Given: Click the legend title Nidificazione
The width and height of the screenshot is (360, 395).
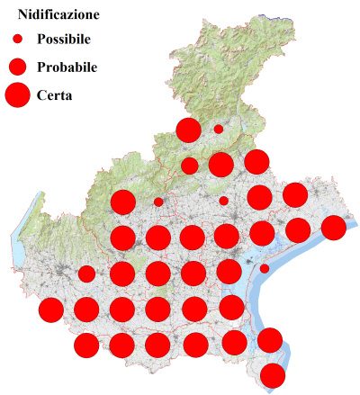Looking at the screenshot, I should point(58,15).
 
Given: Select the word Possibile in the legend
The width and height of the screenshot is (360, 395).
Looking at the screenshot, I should point(69,40).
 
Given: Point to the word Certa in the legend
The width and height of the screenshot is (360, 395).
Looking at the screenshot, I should point(55,94).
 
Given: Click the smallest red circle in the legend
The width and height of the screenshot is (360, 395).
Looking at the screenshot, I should point(17,40).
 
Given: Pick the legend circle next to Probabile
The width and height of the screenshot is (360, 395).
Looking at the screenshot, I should point(17,67).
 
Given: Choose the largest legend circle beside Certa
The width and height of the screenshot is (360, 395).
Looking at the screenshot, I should point(17,94).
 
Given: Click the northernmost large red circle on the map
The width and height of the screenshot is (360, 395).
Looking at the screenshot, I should point(188,130).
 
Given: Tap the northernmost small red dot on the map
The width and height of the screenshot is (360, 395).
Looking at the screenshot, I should point(219,129).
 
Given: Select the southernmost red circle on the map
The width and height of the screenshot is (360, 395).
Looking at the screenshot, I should point(273,375).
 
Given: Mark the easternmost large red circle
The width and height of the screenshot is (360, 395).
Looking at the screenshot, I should point(333,228).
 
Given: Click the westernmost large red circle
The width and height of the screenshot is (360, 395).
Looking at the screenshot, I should point(51,310).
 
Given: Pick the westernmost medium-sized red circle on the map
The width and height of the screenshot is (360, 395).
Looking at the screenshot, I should point(86,274).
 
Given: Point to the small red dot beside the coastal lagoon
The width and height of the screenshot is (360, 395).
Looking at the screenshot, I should point(265,268).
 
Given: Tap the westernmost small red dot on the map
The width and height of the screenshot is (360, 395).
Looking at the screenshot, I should point(158,202).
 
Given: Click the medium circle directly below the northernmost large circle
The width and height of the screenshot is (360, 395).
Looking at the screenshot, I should point(189,166).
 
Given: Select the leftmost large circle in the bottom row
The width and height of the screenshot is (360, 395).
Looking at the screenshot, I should point(86,345).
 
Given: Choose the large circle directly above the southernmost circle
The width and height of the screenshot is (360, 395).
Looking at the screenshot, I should point(269,340).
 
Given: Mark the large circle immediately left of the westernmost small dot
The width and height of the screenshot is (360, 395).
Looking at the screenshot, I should point(122,202).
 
